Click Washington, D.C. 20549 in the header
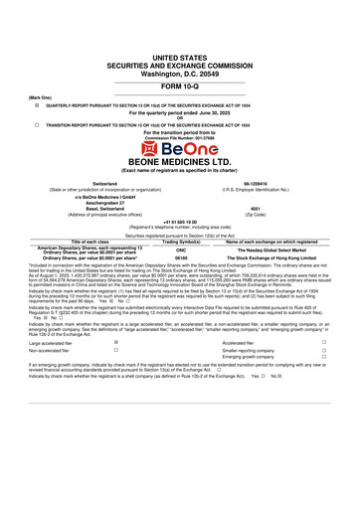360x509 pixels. [x=180, y=47]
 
